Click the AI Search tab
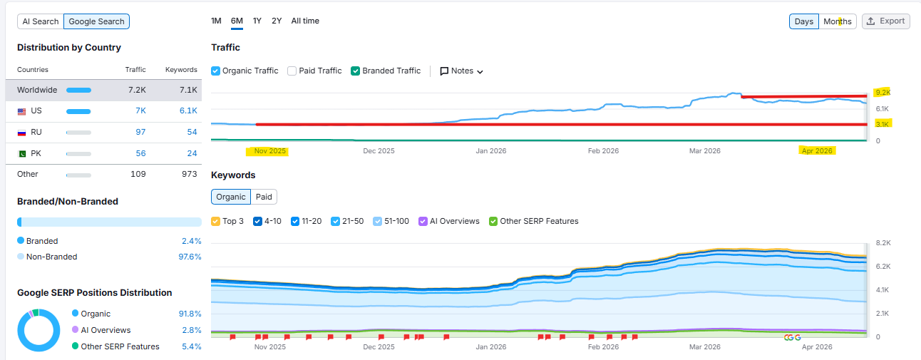pos(41,21)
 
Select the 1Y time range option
pos(257,21)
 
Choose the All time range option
pos(305,21)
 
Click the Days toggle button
pos(803,21)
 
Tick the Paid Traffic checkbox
pos(292,71)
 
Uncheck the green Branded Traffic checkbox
pos(356,71)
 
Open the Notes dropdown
pos(462,71)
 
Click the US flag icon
pos(21,111)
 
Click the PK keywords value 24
pos(192,153)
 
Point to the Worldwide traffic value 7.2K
pos(137,90)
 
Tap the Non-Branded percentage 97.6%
pos(190,257)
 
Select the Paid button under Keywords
pos(264,197)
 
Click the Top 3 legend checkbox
pos(216,221)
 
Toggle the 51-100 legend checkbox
pos(379,221)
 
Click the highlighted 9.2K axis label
pos(883,93)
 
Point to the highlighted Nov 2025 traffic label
pos(269,151)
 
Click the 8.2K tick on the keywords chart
pos(883,243)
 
